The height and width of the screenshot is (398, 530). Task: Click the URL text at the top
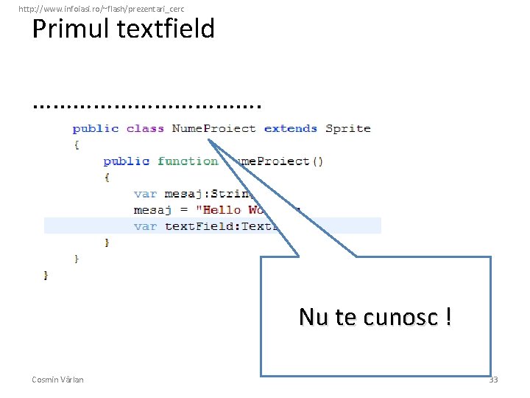point(101,8)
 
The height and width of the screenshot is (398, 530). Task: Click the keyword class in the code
point(145,128)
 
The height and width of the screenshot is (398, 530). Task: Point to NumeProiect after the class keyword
point(213,128)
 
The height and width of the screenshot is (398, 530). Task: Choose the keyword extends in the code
point(290,128)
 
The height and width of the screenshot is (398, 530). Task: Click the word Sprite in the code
point(348,128)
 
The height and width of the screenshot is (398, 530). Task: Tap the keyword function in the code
point(188,161)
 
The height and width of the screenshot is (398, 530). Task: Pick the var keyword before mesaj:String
point(145,193)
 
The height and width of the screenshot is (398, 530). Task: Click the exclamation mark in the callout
point(448,317)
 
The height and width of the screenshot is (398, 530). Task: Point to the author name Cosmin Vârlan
point(57,380)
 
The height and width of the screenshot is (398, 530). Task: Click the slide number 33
point(493,380)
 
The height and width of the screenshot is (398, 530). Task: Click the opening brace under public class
point(76,144)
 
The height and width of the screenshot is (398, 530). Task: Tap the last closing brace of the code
point(46,274)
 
